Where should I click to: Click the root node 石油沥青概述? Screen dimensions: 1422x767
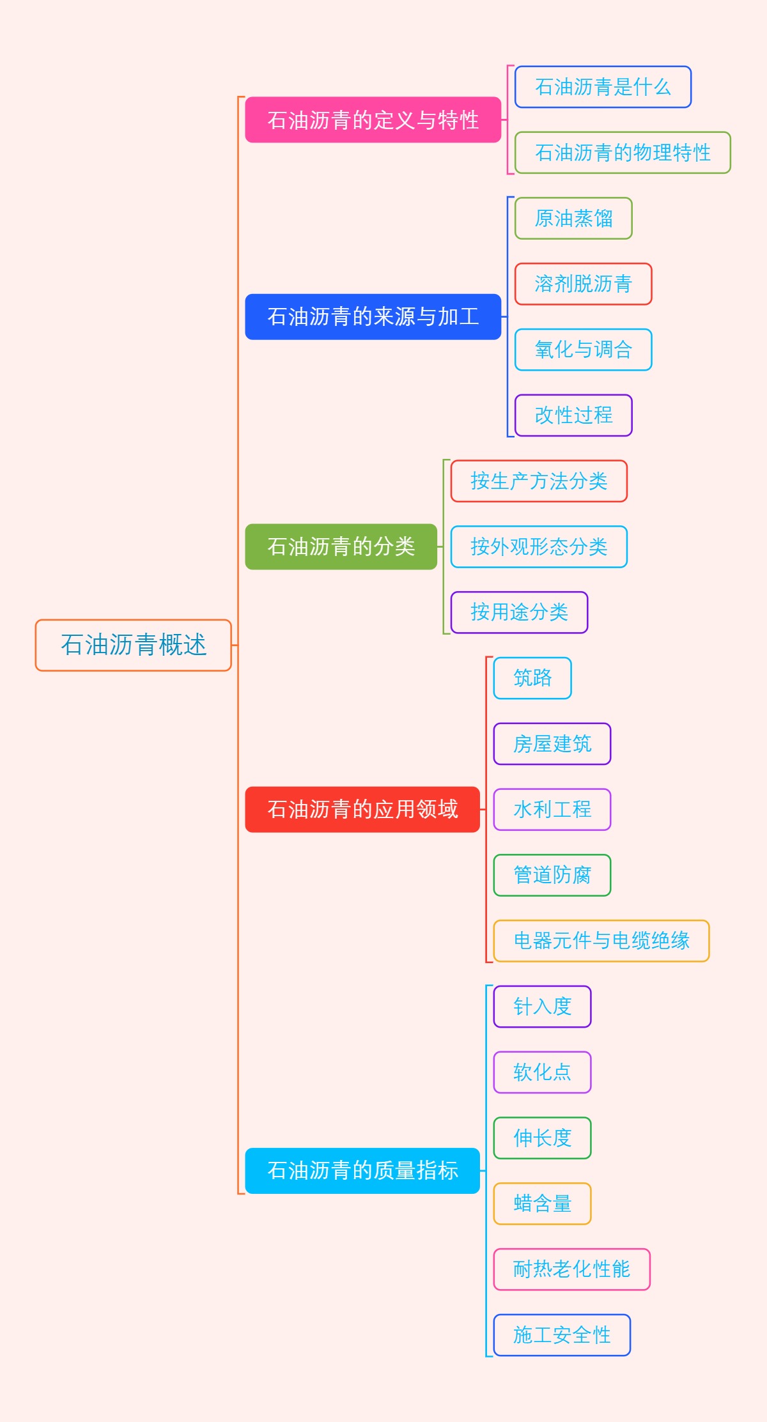point(133,645)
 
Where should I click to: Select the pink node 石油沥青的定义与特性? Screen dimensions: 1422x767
point(373,120)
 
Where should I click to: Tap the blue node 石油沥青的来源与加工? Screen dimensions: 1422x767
point(373,316)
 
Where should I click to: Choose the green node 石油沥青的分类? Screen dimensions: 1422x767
point(341,546)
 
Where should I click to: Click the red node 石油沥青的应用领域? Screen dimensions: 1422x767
point(362,809)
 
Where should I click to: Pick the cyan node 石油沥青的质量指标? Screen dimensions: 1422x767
point(362,1170)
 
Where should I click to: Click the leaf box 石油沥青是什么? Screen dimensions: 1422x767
point(603,87)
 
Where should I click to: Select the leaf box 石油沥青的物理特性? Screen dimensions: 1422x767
point(623,153)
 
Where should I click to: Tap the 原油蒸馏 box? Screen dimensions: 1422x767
point(573,219)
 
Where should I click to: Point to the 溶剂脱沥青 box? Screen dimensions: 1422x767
point(583,284)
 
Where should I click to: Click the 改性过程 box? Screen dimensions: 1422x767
point(573,415)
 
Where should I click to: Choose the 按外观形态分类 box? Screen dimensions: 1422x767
point(539,546)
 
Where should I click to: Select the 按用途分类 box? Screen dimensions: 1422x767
point(519,612)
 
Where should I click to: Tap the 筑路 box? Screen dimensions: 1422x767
point(532,678)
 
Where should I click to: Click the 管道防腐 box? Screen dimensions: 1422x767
point(552,875)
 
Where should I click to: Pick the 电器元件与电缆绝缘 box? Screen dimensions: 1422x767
point(601,941)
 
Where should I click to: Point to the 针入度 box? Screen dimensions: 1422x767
point(542,1007)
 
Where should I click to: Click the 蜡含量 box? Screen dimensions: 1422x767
point(542,1203)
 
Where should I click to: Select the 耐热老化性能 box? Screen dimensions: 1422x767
point(571,1269)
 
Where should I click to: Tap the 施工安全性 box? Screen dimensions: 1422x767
point(562,1335)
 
